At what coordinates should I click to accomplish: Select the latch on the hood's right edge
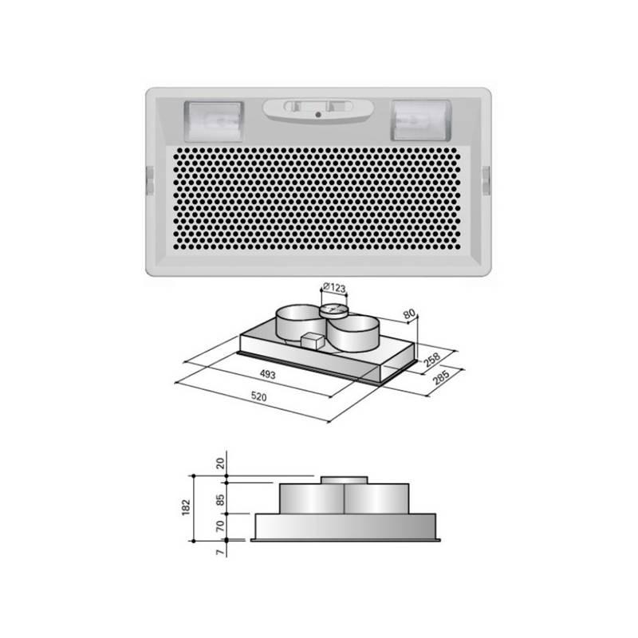click(486, 180)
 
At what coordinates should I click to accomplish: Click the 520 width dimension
click(259, 396)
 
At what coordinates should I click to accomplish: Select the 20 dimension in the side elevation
click(219, 464)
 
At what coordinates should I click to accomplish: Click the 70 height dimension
click(219, 526)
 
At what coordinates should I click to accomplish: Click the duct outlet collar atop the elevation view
click(344, 479)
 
